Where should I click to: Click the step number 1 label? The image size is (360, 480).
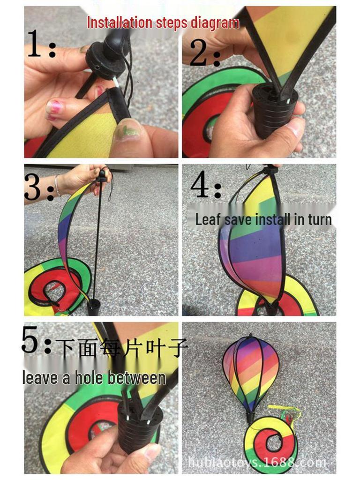41,45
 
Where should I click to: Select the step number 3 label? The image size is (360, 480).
38,187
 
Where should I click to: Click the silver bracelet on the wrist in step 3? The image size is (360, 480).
57,186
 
